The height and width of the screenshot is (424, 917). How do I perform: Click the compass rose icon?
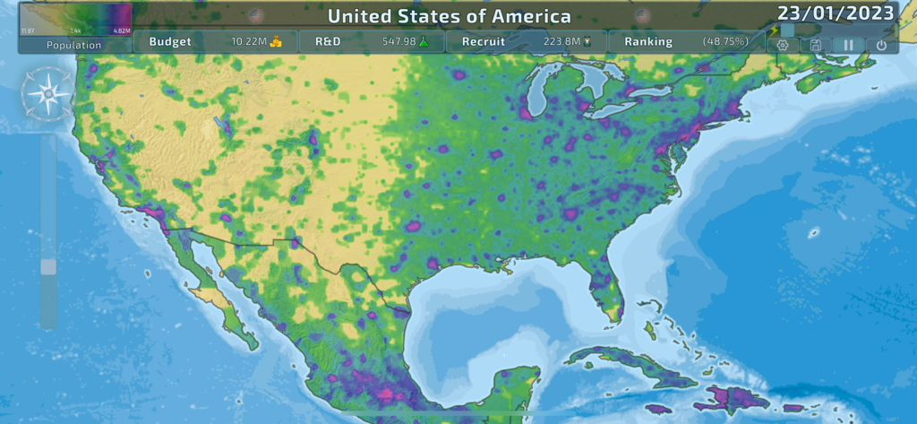click(47, 94)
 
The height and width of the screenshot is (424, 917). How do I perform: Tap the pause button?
click(848, 45)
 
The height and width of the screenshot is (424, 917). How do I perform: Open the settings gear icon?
click(783, 45)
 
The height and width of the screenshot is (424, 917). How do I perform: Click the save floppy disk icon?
click(815, 45)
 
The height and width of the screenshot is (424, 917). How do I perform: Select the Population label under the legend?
click(74, 45)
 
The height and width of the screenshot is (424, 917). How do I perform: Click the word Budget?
click(170, 41)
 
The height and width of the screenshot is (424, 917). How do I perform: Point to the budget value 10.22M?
click(248, 41)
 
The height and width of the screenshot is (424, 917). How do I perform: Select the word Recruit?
click(483, 41)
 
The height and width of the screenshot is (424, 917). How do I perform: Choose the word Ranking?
click(649, 41)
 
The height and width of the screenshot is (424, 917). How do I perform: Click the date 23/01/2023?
click(835, 13)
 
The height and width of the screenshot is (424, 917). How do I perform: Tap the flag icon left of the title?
click(256, 16)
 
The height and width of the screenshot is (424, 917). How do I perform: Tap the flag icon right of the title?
click(642, 16)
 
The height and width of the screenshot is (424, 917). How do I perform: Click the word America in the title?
click(527, 16)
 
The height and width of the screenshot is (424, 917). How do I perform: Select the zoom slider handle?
click(48, 266)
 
